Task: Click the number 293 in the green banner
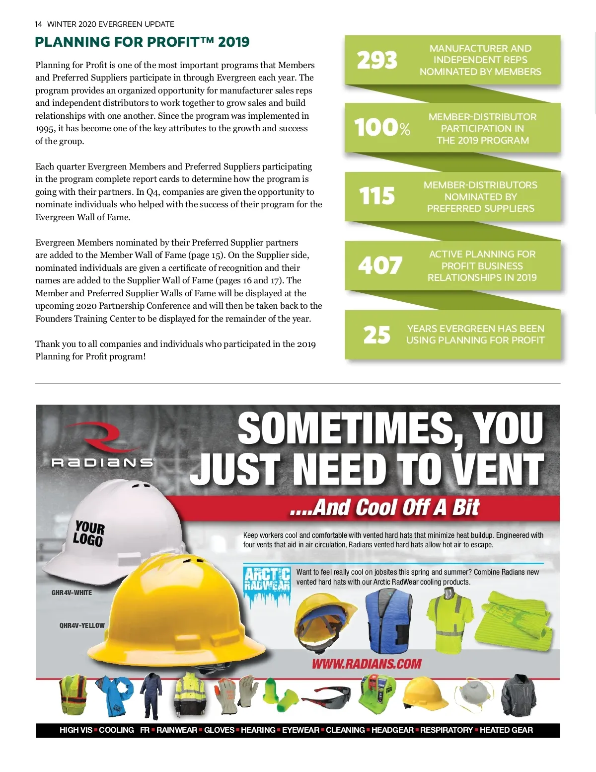(x=377, y=60)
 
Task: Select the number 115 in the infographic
(x=377, y=196)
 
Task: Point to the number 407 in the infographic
(x=380, y=265)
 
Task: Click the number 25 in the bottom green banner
(x=376, y=335)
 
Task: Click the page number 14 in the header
(x=38, y=24)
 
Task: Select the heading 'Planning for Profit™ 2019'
(x=142, y=42)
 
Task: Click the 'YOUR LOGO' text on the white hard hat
(x=89, y=533)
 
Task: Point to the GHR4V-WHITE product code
(x=72, y=593)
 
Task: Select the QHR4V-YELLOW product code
(x=82, y=625)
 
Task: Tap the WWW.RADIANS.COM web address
(x=367, y=664)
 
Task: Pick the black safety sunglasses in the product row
(x=326, y=696)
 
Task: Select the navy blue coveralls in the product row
(x=151, y=695)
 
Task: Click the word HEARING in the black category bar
(x=258, y=730)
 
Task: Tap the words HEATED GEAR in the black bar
(x=506, y=730)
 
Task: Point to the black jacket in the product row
(x=519, y=694)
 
